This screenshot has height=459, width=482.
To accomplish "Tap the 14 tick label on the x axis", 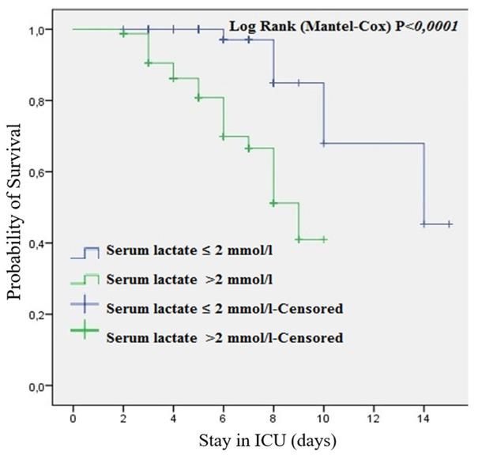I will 424,417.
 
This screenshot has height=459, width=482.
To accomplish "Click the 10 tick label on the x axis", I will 323,417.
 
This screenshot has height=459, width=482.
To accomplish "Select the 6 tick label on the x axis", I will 223,417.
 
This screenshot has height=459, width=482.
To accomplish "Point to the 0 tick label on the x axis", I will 73,417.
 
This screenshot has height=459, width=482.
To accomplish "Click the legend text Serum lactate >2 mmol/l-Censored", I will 224,337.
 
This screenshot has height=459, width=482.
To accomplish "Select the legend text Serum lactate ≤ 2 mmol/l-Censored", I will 224,307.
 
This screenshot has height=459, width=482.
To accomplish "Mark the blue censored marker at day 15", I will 449,224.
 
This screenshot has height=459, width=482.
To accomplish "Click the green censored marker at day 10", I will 324,239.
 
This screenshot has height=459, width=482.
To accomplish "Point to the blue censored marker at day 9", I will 299,82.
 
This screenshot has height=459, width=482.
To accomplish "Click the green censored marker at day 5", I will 198,98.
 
